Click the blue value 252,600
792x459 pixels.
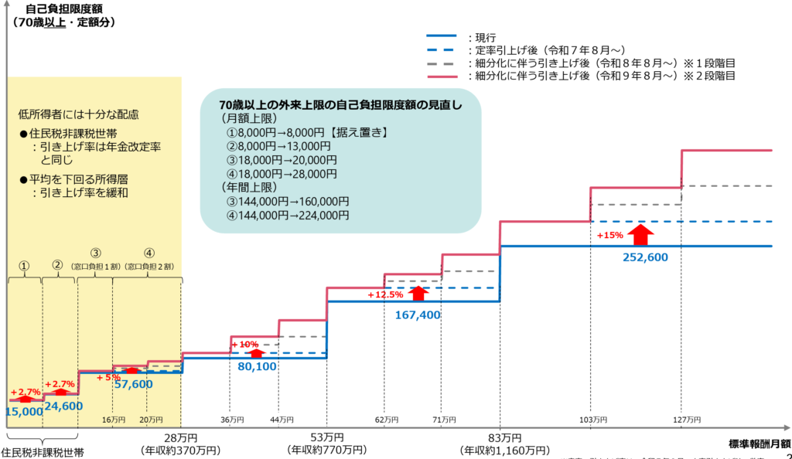[x=645, y=258]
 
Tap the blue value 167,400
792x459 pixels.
[x=417, y=315]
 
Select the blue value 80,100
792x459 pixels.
[x=257, y=367]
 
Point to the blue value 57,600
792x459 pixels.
[x=133, y=384]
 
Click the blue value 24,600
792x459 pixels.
[x=63, y=405]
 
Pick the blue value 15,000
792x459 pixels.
[x=23, y=412]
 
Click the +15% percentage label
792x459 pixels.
[x=609, y=236]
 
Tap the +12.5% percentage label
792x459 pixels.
[x=385, y=294]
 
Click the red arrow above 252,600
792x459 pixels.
[x=641, y=233]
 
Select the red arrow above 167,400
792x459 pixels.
[x=418, y=294]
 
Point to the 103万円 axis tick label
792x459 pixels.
[x=593, y=420]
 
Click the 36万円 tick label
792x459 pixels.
[x=231, y=420]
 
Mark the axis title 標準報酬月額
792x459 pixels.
[x=759, y=444]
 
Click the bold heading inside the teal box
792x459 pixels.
[x=341, y=104]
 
